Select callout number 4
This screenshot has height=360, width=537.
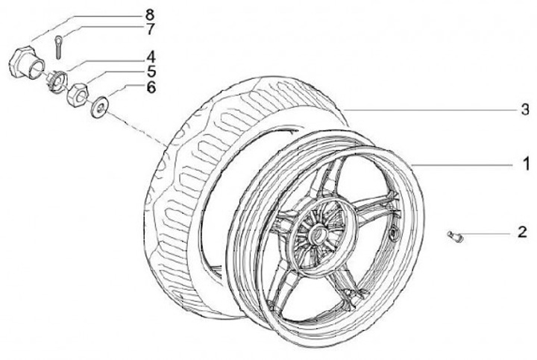149,56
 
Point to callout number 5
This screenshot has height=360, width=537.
149,72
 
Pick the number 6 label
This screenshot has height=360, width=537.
149,87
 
